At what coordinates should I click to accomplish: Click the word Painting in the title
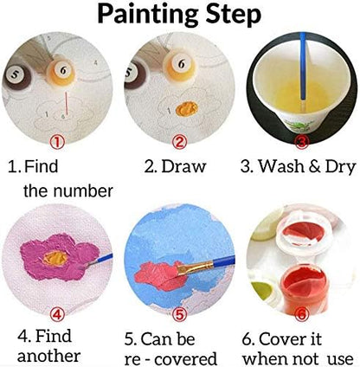tap(146, 15)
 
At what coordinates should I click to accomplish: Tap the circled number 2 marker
tap(179, 141)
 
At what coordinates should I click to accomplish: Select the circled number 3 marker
tap(300, 140)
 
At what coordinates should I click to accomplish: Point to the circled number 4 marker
tap(60, 315)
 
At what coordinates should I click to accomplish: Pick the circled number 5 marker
tap(179, 316)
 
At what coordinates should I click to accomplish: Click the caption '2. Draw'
tap(179, 165)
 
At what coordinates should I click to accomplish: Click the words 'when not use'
tap(299, 357)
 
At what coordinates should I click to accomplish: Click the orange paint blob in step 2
tap(183, 108)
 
